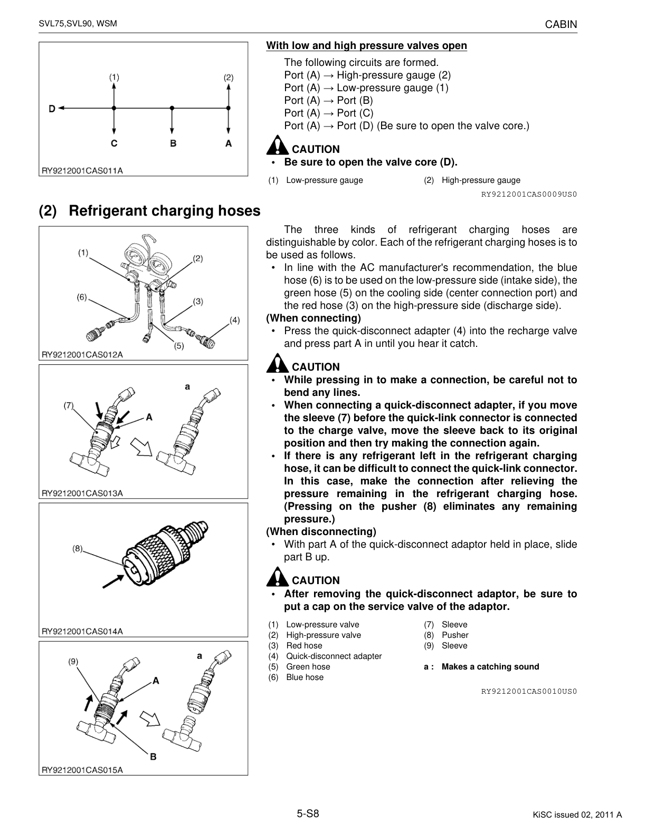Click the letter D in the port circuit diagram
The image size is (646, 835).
pyautogui.click(x=52, y=109)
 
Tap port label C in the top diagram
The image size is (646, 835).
pyautogui.click(x=114, y=143)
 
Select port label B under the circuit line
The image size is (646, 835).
pyautogui.click(x=173, y=143)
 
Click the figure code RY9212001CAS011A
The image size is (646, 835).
pyautogui.click(x=82, y=171)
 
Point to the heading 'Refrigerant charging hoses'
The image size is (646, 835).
pyautogui.click(x=165, y=210)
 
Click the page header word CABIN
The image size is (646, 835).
pyautogui.click(x=561, y=25)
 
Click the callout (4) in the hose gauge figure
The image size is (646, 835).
pyautogui.click(x=235, y=320)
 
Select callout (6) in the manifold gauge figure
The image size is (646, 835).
pyautogui.click(x=82, y=297)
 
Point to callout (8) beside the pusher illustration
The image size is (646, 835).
pyautogui.click(x=78, y=548)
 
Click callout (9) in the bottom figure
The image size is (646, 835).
pyautogui.click(x=73, y=662)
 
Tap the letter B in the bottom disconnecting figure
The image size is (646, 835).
pyautogui.click(x=153, y=756)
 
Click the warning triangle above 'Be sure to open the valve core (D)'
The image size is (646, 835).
pyautogui.click(x=277, y=145)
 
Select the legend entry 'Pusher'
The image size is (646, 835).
pyautogui.click(x=455, y=635)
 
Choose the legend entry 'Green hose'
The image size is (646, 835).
pyautogui.click(x=308, y=667)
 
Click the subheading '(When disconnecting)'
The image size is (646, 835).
pyautogui.click(x=321, y=531)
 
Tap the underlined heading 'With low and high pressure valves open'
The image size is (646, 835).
pyautogui.click(x=367, y=45)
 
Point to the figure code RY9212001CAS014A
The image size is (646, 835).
pyautogui.click(x=82, y=632)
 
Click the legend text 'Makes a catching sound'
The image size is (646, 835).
pyautogui.click(x=490, y=667)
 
